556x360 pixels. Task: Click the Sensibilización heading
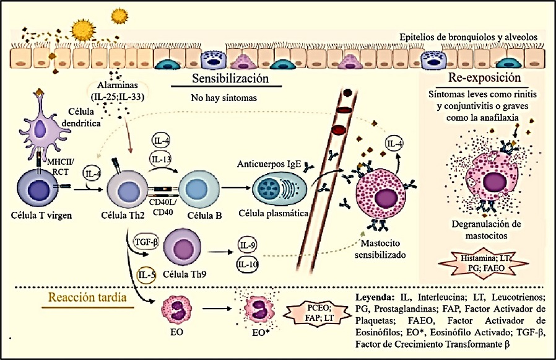(x=230, y=79)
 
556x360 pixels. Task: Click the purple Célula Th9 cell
(x=184, y=247)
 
